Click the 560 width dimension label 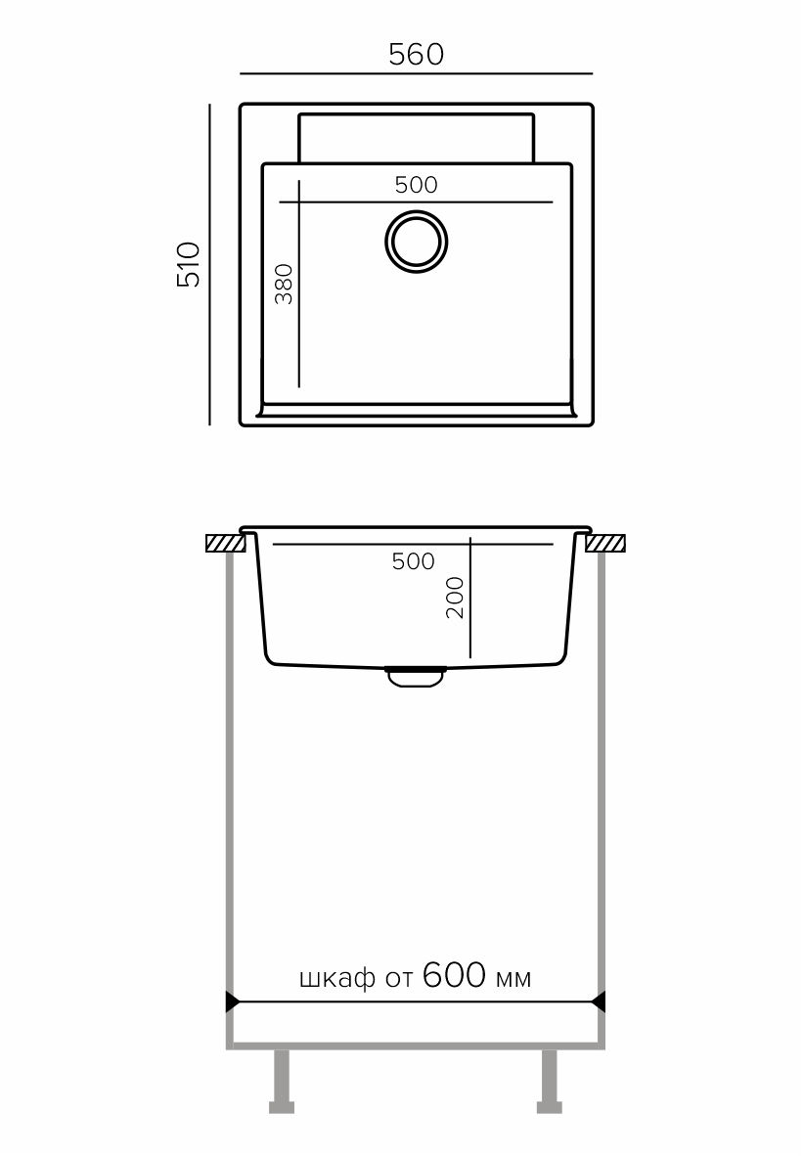pyautogui.click(x=416, y=55)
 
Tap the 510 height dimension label pyautogui.click(x=188, y=264)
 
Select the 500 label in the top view pyautogui.click(x=416, y=185)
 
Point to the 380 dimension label pyautogui.click(x=284, y=284)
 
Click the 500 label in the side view pyautogui.click(x=413, y=561)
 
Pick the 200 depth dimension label pyautogui.click(x=455, y=598)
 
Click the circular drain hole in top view pyautogui.click(x=417, y=242)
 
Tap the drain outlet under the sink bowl pyautogui.click(x=415, y=677)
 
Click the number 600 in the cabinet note pyautogui.click(x=454, y=975)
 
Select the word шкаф pyautogui.click(x=337, y=978)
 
